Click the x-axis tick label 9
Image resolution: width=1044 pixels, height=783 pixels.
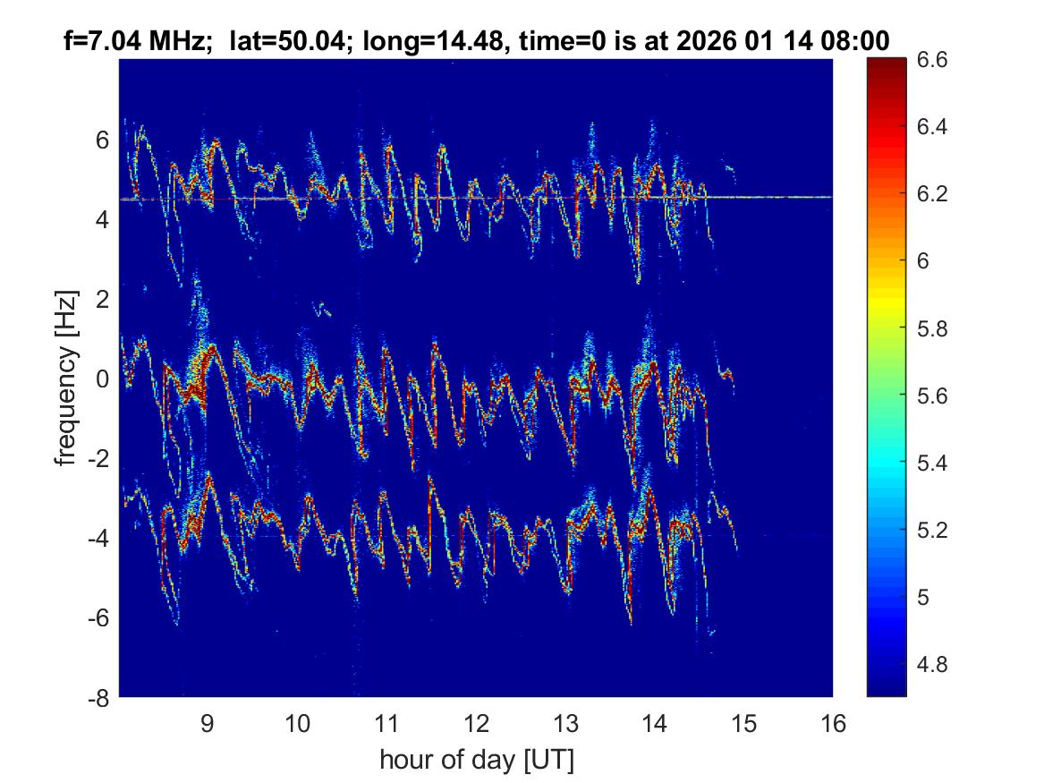(207, 723)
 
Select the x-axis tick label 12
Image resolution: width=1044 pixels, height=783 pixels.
(475, 723)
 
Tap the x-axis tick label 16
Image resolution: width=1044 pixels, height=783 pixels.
(833, 723)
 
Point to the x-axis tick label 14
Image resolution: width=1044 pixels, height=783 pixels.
(654, 723)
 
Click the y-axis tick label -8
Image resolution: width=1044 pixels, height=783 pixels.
(99, 698)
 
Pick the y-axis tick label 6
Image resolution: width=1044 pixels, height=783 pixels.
(103, 140)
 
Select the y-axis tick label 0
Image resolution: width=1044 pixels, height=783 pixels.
(103, 379)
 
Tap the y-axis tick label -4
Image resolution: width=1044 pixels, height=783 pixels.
(99, 539)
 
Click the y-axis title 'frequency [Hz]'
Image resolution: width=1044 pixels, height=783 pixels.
(65, 378)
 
